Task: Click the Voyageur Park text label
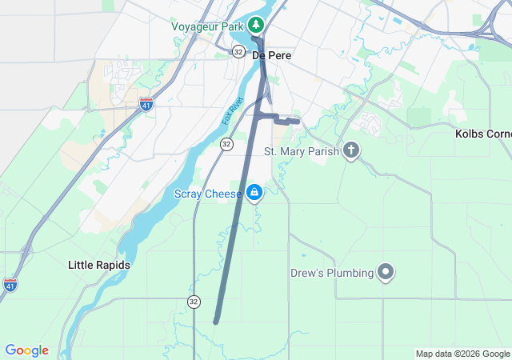pyautogui.click(x=206, y=26)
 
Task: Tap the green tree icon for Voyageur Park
pyautogui.click(x=257, y=26)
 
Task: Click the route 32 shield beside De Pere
pyautogui.click(x=238, y=51)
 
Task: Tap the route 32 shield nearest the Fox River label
pyautogui.click(x=226, y=144)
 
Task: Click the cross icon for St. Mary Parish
pyautogui.click(x=350, y=150)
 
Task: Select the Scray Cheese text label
pyautogui.click(x=209, y=193)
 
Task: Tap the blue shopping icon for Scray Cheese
pyautogui.click(x=254, y=192)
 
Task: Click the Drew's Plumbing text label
pyautogui.click(x=332, y=273)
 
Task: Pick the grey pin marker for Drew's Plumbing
pyautogui.click(x=386, y=273)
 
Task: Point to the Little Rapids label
pyautogui.click(x=99, y=265)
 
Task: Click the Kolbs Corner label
pyautogui.click(x=483, y=133)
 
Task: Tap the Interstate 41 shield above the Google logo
pyautogui.click(x=10, y=284)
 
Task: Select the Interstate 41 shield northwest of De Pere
pyautogui.click(x=146, y=104)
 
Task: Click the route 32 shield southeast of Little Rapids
pyautogui.click(x=194, y=301)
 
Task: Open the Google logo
pyautogui.click(x=26, y=350)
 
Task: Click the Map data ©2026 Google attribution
pyautogui.click(x=462, y=354)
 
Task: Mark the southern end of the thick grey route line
pyautogui.click(x=216, y=322)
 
